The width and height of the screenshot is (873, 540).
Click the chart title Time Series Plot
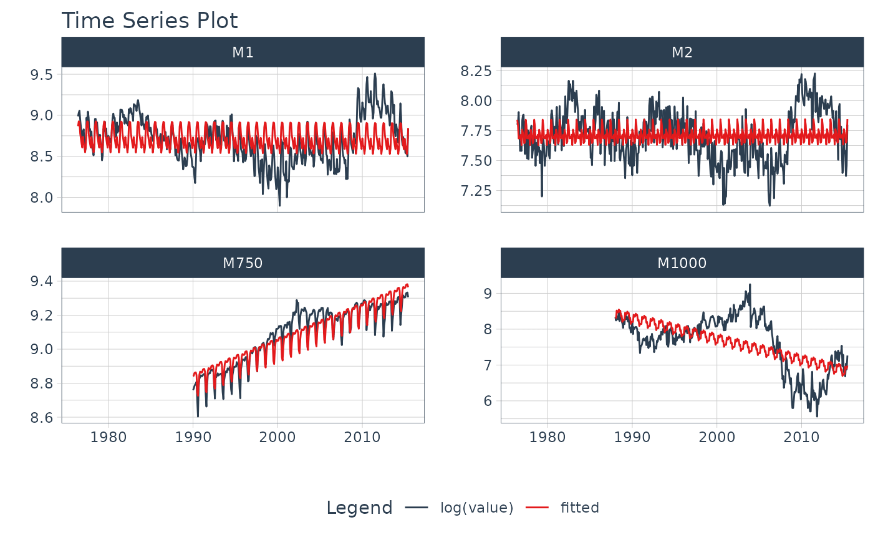(x=149, y=21)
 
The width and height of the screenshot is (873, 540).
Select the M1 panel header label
(x=243, y=53)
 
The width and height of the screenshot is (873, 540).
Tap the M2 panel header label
(x=682, y=53)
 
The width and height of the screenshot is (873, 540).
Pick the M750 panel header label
(x=243, y=264)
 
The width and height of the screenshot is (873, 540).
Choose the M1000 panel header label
(x=682, y=264)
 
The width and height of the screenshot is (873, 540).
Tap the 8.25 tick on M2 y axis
(x=477, y=71)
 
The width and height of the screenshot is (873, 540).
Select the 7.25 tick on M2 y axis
(x=477, y=190)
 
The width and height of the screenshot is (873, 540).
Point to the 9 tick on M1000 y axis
(x=488, y=293)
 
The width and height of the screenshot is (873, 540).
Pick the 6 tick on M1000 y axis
(x=488, y=401)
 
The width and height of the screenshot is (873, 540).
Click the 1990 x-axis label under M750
(x=193, y=437)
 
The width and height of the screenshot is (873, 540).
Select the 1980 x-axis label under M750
(x=109, y=437)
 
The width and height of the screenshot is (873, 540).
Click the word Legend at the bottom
(x=359, y=508)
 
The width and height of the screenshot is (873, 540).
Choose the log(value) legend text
(x=476, y=508)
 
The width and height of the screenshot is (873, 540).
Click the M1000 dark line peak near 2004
(x=750, y=284)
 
